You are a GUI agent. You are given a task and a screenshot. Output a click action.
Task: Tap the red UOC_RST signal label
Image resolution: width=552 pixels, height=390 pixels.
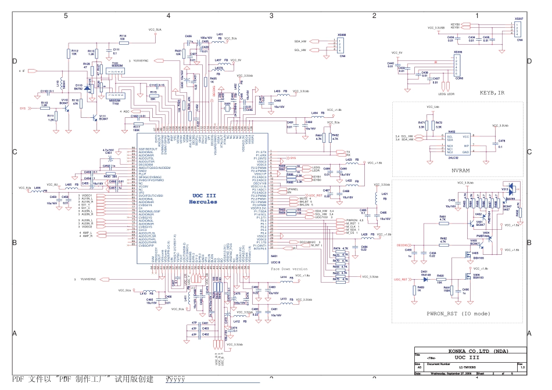(400, 279)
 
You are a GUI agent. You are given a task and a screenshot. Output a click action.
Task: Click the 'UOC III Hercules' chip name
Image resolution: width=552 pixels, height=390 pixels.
(204, 199)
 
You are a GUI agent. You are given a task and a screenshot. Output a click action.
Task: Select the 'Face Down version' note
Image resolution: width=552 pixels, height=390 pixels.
(288, 269)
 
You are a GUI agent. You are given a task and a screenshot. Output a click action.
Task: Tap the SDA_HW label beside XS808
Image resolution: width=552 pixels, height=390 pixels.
(300, 42)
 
